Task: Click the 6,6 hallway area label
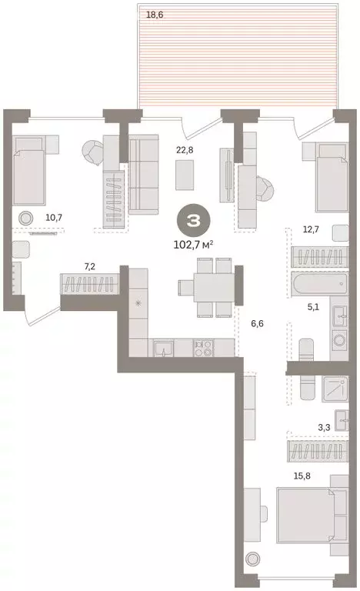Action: click(258, 324)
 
